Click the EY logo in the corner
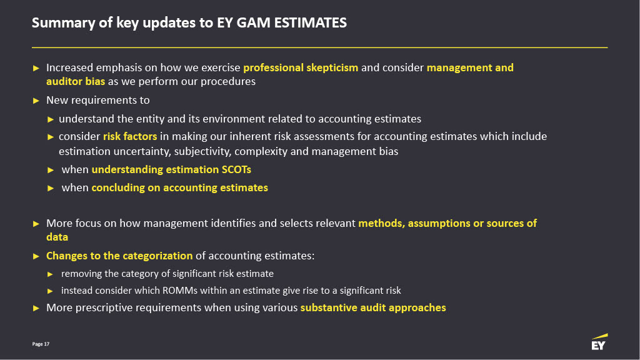pyautogui.click(x=599, y=342)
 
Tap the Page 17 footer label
pyautogui.click(x=41, y=344)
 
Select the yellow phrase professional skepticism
pyautogui.click(x=301, y=67)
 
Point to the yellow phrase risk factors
pyautogui.click(x=130, y=136)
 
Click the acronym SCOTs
pyautogui.click(x=236, y=169)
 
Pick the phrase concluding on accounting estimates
pyautogui.click(x=179, y=187)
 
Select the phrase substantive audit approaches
pyautogui.click(x=373, y=307)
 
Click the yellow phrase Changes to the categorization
pyautogui.click(x=119, y=256)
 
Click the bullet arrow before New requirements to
pyautogui.click(x=36, y=101)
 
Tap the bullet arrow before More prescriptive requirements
pyautogui.click(x=36, y=308)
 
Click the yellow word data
pyautogui.click(x=57, y=237)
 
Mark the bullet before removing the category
pyautogui.click(x=50, y=274)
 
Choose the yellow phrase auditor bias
pyautogui.click(x=76, y=82)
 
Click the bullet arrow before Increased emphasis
pyautogui.click(x=36, y=68)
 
